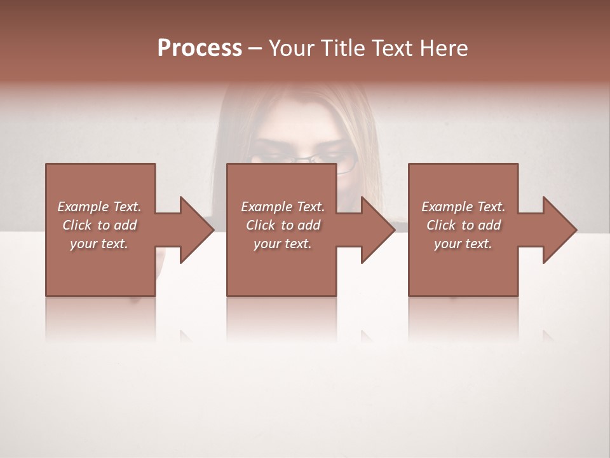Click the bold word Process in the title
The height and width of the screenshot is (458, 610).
click(x=200, y=48)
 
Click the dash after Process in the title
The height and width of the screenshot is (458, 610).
click(x=255, y=49)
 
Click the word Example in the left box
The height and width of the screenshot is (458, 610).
click(x=83, y=207)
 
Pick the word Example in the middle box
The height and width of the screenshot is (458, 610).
click(x=266, y=207)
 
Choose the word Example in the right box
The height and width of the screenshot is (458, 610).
click(x=447, y=207)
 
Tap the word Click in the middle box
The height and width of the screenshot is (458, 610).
click(x=261, y=225)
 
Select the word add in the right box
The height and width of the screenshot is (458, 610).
click(x=489, y=225)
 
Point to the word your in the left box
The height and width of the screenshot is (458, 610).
click(x=83, y=244)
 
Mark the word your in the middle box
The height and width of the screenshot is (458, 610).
click(x=267, y=244)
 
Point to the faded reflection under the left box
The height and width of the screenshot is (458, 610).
click(x=100, y=318)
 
